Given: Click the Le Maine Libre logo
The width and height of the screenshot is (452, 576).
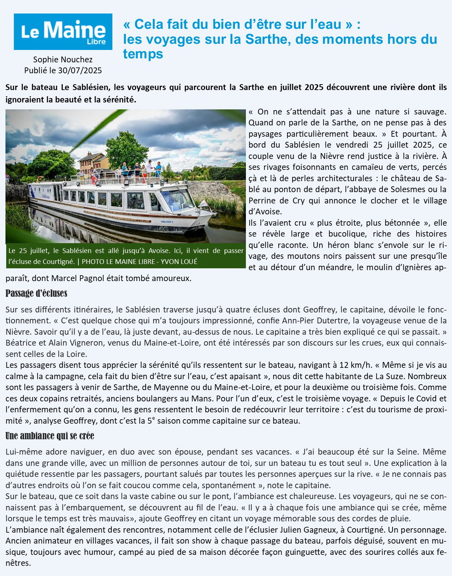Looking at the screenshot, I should (63, 32).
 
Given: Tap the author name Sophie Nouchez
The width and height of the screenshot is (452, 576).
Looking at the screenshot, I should (63, 59).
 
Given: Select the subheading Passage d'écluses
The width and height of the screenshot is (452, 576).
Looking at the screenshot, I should (36, 293).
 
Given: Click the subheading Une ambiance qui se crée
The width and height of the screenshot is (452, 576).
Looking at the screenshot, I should (50, 436).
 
